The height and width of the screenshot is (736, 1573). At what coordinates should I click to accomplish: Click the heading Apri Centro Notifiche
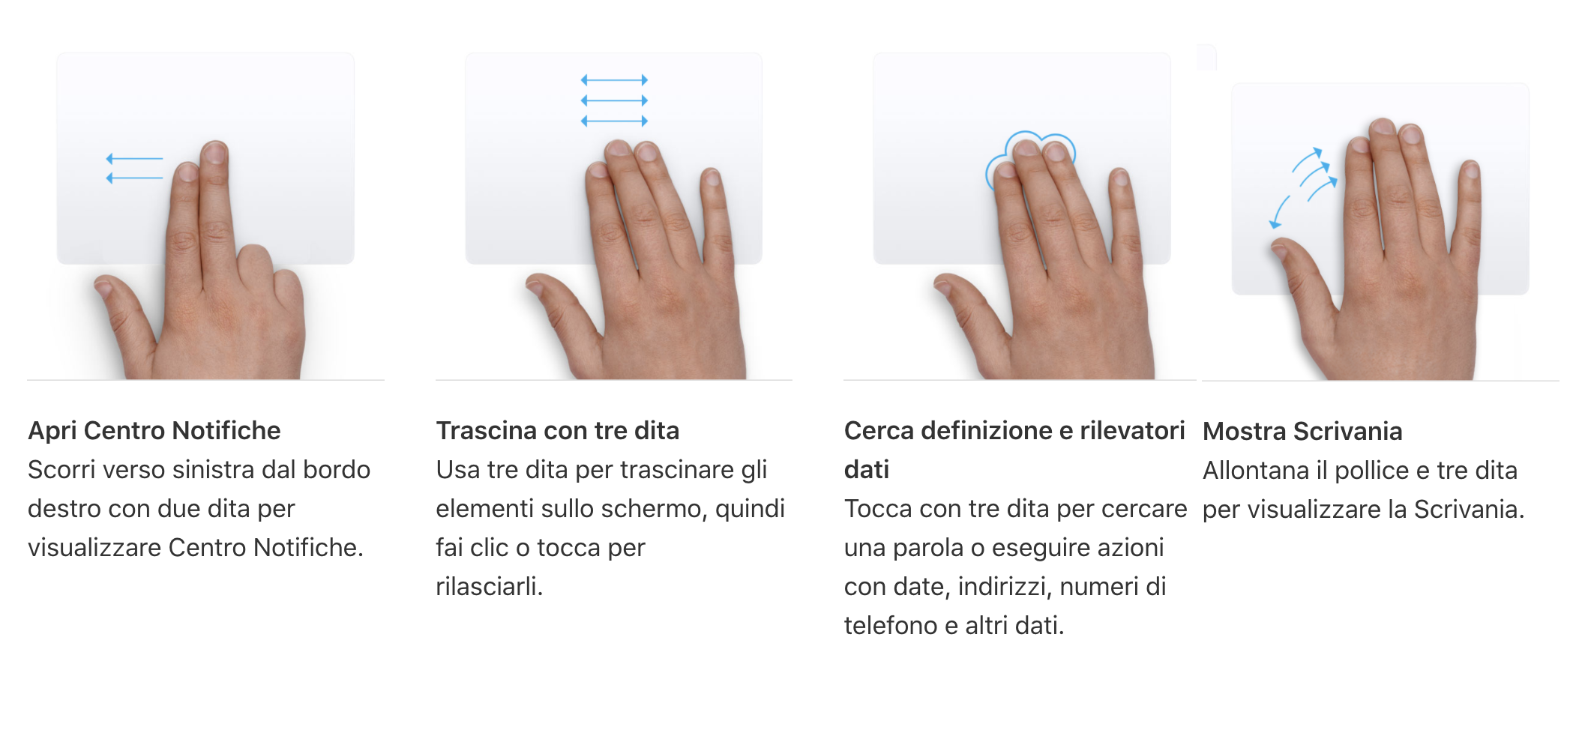coord(154,430)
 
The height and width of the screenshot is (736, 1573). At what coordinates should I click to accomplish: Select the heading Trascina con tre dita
coord(557,430)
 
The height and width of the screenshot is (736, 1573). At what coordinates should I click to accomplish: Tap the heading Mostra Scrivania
coord(1302,431)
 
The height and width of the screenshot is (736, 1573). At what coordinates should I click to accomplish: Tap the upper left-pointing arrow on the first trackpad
coord(135,159)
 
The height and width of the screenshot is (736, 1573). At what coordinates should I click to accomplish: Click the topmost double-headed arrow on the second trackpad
coord(614,79)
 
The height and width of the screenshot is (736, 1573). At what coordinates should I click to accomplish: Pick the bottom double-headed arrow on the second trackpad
coord(614,121)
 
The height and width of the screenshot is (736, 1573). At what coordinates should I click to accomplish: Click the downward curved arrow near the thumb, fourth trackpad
coord(1278,211)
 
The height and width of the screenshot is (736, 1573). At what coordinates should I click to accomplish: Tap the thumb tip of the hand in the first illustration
coord(103,286)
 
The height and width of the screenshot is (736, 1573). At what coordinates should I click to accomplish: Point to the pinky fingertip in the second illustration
coord(711,178)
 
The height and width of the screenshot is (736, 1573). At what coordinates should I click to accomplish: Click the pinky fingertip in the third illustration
coord(1119,178)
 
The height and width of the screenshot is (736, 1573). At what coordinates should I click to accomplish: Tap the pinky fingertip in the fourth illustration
coord(1471,170)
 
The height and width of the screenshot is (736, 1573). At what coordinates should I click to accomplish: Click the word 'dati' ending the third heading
coord(867,469)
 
